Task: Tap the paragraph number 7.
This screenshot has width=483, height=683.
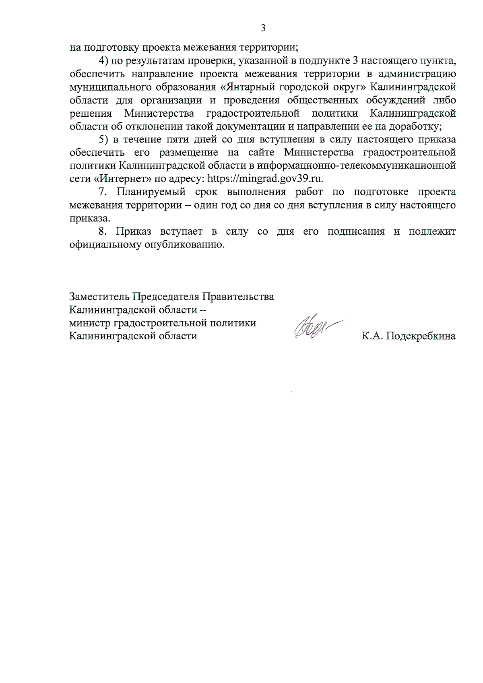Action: point(102,192)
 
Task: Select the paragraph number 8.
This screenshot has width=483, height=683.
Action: point(102,231)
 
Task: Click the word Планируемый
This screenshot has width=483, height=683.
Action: point(151,192)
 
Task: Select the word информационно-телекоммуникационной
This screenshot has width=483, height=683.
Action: point(357,165)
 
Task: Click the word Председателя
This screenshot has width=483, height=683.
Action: point(166,297)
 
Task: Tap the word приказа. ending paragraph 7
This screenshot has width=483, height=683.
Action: point(89,218)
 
